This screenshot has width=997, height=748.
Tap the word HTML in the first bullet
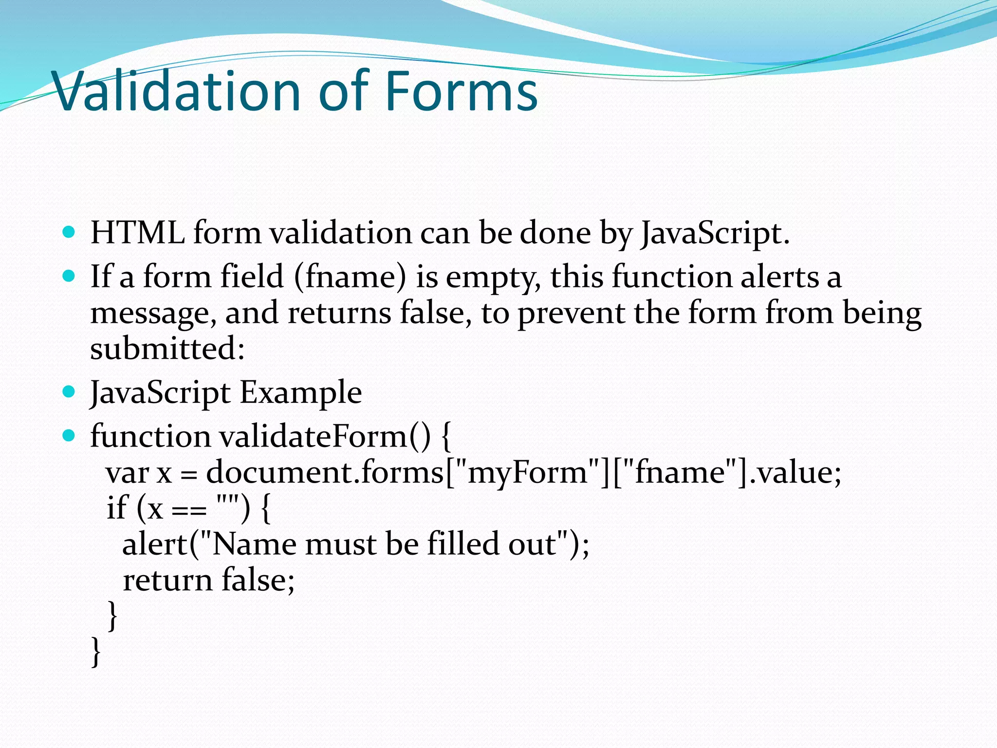pyautogui.click(x=137, y=233)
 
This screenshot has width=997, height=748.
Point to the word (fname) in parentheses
pyautogui.click(x=350, y=277)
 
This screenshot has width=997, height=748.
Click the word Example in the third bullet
pyautogui.click(x=301, y=393)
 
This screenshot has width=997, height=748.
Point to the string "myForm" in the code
pyautogui.click(x=527, y=473)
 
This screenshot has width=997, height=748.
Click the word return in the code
pyautogui.click(x=167, y=580)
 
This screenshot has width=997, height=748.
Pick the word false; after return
pyautogui.click(x=258, y=580)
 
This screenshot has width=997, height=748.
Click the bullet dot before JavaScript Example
pyautogui.click(x=69, y=392)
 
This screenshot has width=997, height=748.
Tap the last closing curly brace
pyautogui.click(x=96, y=652)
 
